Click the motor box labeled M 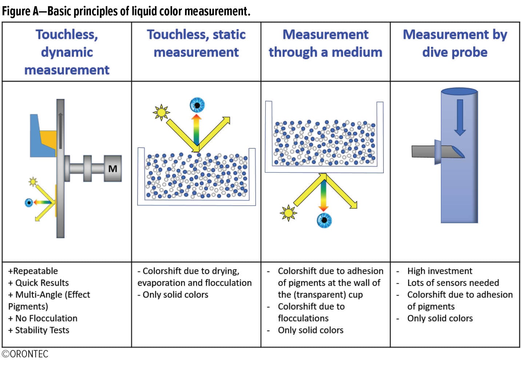112,168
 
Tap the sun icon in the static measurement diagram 161,112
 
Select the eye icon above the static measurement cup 197,105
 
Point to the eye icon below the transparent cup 324,220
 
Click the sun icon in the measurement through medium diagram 288,213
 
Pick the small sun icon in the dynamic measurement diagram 33,181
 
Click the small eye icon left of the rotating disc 29,202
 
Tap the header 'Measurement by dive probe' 455,43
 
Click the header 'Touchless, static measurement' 196,43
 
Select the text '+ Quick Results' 38,283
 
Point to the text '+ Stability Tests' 39,330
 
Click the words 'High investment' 439,271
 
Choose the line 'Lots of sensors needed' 453,283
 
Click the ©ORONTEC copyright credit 25,354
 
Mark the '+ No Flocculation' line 43,318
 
